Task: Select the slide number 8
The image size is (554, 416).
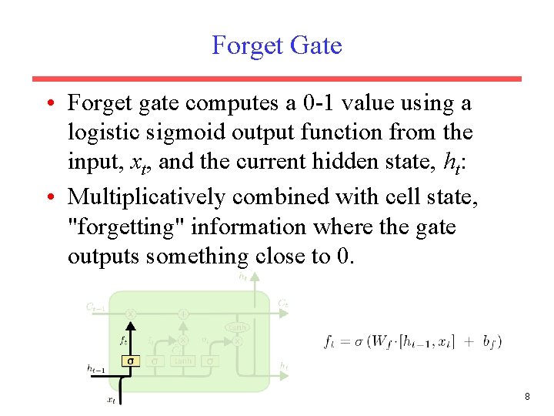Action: (527, 397)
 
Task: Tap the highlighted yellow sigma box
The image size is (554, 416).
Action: (130, 361)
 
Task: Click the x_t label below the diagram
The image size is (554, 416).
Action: (112, 399)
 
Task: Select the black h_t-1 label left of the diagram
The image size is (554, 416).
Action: (95, 369)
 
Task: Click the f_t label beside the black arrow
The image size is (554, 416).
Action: (122, 339)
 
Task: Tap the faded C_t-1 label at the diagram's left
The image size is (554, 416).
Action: (96, 307)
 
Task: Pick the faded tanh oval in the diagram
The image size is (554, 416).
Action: (236, 327)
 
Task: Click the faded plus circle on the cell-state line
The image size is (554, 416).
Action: (183, 314)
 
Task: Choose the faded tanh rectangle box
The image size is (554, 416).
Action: (183, 361)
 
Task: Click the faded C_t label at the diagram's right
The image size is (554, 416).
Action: (283, 304)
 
